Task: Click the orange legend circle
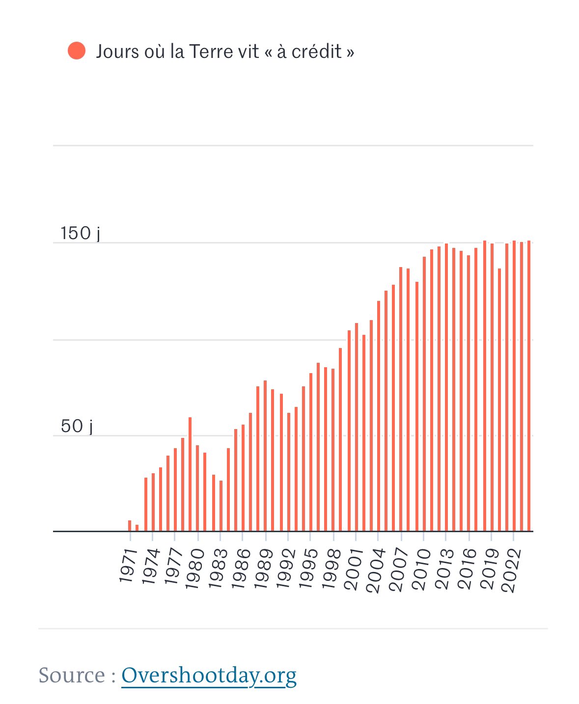(x=77, y=51)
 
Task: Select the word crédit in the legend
(x=316, y=51)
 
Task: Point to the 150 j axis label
(x=80, y=233)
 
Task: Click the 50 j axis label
(x=77, y=426)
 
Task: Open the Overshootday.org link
(x=209, y=675)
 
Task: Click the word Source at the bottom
(x=72, y=675)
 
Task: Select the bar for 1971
(x=130, y=525)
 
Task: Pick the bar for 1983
(x=221, y=506)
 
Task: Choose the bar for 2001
(x=357, y=427)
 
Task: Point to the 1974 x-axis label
(x=151, y=566)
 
